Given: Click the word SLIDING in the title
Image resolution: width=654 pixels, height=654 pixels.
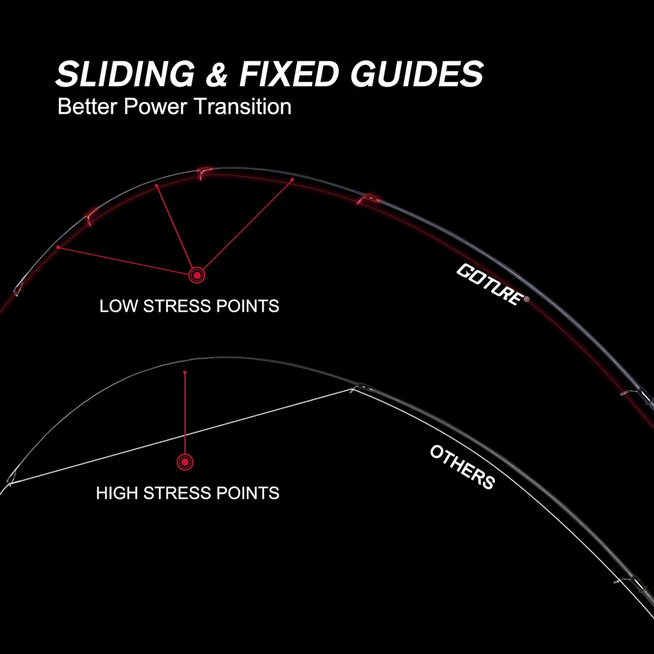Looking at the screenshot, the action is (125, 73).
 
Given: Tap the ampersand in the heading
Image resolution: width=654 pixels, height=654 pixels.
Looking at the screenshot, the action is (216, 74).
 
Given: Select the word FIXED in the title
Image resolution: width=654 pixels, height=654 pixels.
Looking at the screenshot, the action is (288, 73).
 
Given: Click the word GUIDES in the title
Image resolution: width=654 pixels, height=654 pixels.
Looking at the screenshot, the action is (417, 73).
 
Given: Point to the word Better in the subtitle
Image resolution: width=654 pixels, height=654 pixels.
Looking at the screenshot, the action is (87, 107).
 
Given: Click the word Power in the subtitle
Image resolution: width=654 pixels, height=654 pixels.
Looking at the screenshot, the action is (156, 107).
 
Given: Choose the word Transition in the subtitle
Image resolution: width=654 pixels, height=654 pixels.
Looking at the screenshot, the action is (243, 107).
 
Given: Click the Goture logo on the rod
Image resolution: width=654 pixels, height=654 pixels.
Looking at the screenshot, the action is (489, 284).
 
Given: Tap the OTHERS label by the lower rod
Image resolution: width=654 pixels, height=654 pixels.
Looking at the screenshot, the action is (462, 467).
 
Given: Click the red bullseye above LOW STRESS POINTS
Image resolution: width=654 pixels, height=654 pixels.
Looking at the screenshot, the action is (196, 275).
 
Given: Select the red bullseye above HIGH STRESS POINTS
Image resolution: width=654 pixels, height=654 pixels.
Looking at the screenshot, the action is (185, 462).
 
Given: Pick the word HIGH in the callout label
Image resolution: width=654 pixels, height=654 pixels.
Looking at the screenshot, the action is (117, 493).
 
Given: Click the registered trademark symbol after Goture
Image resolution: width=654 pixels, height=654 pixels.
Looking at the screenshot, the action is (526, 299).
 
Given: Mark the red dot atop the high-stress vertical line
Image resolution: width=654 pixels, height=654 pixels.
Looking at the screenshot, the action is (185, 372).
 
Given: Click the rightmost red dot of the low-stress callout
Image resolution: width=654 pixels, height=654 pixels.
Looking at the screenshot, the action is (292, 180).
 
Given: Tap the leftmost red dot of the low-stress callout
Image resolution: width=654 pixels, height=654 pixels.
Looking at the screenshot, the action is (58, 247).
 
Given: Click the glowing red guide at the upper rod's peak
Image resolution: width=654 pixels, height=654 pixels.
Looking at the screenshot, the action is (203, 173).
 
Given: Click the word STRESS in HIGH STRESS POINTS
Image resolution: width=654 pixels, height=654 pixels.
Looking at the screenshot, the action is (177, 493).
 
